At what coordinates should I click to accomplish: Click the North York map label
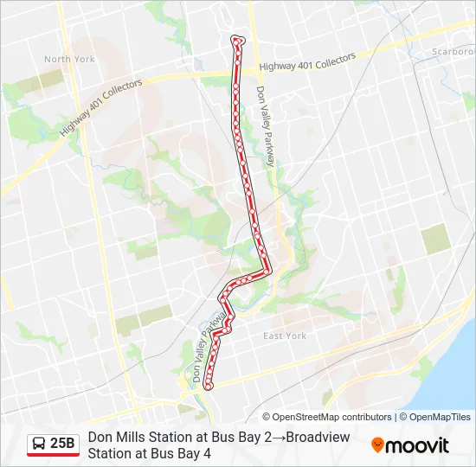click(69, 60)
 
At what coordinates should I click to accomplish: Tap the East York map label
click(285, 336)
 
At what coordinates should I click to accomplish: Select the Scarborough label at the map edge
click(453, 52)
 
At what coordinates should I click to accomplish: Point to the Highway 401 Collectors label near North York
click(100, 112)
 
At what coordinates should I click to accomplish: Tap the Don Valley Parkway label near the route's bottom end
click(205, 350)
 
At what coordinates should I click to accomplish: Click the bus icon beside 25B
click(39, 444)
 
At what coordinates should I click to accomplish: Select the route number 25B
click(63, 444)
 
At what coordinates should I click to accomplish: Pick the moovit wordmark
click(418, 446)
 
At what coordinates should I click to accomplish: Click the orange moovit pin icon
click(377, 445)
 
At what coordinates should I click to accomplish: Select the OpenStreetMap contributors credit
click(327, 417)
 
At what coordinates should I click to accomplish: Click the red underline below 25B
click(53, 455)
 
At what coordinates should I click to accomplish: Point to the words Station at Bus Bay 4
click(150, 452)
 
